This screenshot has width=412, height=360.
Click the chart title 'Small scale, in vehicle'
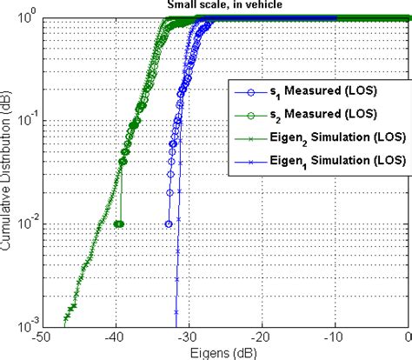pyautogui.click(x=220, y=5)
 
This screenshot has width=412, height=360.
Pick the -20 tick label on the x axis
pyautogui.click(x=262, y=338)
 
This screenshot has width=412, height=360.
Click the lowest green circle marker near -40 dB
pyautogui.click(x=119, y=223)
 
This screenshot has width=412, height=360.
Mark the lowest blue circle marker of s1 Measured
pyautogui.click(x=169, y=223)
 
